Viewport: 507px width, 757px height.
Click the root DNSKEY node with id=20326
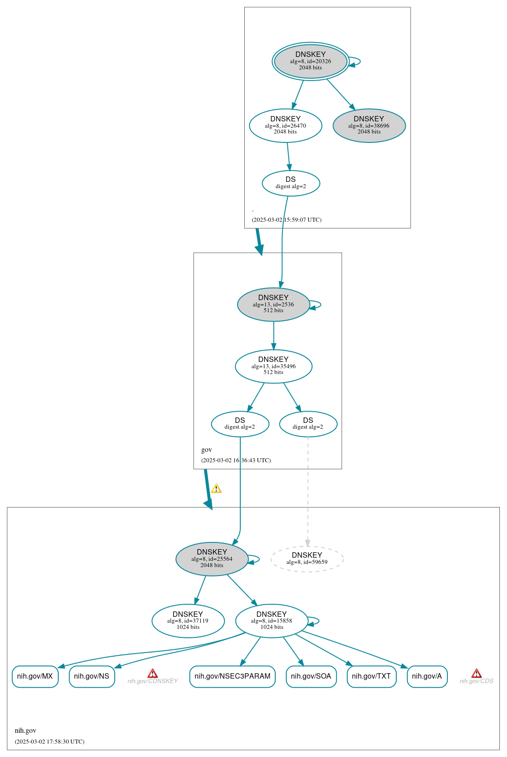(310, 61)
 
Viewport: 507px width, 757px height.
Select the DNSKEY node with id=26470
(286, 125)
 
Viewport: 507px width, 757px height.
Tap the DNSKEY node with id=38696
(369, 125)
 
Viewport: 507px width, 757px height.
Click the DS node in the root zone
(290, 183)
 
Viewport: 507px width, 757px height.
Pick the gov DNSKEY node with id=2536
(273, 304)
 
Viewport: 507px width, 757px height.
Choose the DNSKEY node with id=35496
(273, 366)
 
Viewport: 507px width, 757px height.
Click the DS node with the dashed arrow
(308, 424)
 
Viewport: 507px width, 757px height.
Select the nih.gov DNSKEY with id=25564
(212, 559)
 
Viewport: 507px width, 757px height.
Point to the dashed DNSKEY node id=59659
(307, 559)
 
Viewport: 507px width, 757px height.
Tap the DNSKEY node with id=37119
(188, 620)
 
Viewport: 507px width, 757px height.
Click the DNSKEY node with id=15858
(272, 620)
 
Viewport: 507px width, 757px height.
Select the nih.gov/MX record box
(35, 676)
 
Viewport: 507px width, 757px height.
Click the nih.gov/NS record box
(91, 676)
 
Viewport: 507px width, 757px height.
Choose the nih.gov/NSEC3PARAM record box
(232, 676)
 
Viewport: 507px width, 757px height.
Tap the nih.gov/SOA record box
(311, 676)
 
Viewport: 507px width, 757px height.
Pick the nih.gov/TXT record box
(371, 676)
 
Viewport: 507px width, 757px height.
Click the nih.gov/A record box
(427, 676)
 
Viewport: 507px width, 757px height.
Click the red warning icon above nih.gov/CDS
(477, 673)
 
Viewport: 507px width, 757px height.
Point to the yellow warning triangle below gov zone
(216, 488)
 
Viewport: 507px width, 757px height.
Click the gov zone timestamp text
(236, 460)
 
